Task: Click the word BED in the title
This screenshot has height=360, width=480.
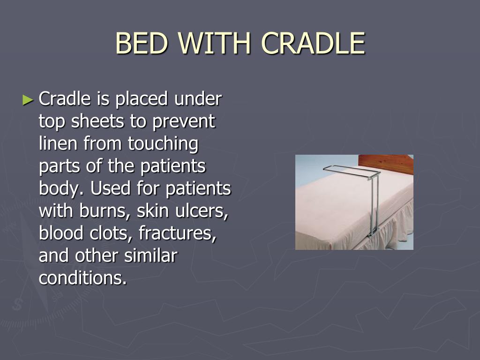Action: tap(142, 43)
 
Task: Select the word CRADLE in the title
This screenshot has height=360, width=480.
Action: tap(313, 43)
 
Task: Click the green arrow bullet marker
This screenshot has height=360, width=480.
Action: tap(28, 100)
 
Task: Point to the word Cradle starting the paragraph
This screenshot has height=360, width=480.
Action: tap(65, 98)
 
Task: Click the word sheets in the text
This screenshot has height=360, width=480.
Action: tap(97, 121)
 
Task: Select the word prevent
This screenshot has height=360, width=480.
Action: tap(184, 122)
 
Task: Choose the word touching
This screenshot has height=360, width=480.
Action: tap(163, 144)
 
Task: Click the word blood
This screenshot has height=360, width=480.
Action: tap(61, 233)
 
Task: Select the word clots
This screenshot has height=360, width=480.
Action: tap(111, 233)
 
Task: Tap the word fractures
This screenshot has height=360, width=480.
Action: tap(178, 233)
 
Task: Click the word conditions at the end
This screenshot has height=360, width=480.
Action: tap(82, 278)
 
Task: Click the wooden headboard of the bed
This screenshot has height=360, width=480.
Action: tap(386, 164)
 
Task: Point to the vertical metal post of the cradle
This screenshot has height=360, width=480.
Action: tap(374, 205)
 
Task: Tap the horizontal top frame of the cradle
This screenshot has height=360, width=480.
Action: tap(352, 172)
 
